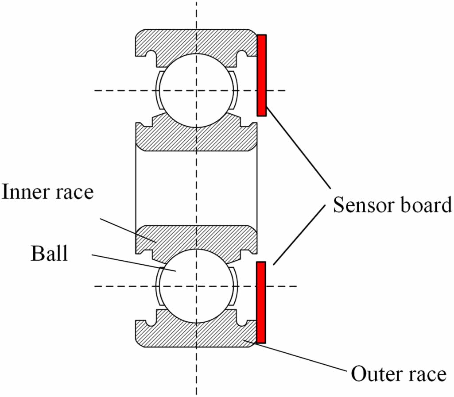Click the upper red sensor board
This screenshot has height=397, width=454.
tap(262, 75)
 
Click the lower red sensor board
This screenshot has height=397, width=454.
tap(261, 302)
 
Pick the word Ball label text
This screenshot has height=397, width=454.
tap(49, 254)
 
